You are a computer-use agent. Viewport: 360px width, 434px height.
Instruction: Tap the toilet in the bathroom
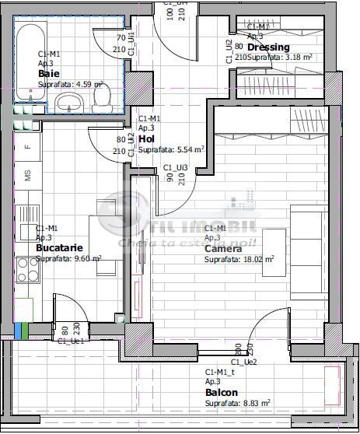pyautogui.click(x=101, y=97)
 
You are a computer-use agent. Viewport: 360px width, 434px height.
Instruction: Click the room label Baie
pyautogui.click(x=48, y=73)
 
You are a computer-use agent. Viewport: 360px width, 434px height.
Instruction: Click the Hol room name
pyautogui.click(x=146, y=138)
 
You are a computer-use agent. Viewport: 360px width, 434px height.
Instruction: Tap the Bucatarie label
pyautogui.click(x=58, y=247)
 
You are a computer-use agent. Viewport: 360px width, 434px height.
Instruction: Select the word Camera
pyautogui.click(x=223, y=249)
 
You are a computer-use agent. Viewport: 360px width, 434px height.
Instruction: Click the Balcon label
pyautogui.click(x=222, y=393)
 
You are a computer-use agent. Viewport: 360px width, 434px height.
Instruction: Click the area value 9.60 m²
pyautogui.click(x=86, y=258)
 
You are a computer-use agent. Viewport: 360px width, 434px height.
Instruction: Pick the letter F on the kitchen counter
pyautogui.click(x=28, y=145)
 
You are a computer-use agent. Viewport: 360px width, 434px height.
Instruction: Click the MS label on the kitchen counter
pyautogui.click(x=28, y=175)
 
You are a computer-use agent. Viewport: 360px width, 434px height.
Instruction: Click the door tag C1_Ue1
pyautogui.click(x=70, y=340)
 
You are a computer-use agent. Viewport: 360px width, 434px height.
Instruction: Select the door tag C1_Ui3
pyautogui.click(x=176, y=167)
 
